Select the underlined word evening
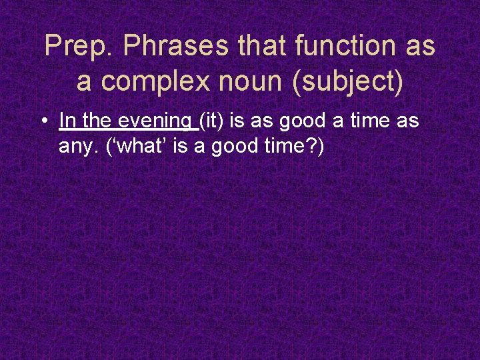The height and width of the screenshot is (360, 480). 155,122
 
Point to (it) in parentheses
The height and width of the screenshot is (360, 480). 212,121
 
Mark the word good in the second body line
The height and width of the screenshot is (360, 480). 239,146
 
